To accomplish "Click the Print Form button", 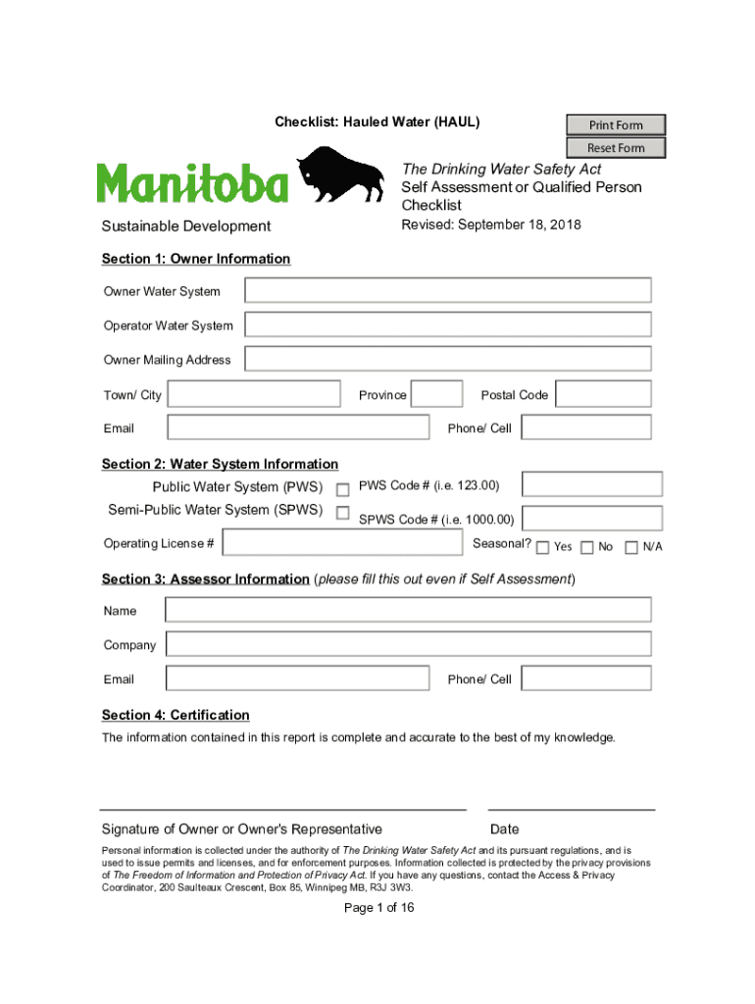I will pyautogui.click(x=616, y=125).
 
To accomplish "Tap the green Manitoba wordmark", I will pyautogui.click(x=193, y=183).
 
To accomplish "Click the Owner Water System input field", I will pyautogui.click(x=447, y=290).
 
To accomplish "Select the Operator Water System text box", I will pyautogui.click(x=447, y=325).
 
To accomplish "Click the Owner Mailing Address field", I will pyautogui.click(x=447, y=359).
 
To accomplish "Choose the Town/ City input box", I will pyautogui.click(x=254, y=394).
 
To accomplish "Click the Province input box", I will pyautogui.click(x=436, y=394).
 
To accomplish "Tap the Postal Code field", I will pyautogui.click(x=603, y=394).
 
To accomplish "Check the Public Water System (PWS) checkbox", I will pyautogui.click(x=343, y=489).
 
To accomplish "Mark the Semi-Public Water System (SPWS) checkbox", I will pyautogui.click(x=343, y=513).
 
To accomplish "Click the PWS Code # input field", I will pyautogui.click(x=591, y=484).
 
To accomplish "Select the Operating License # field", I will pyautogui.click(x=342, y=543).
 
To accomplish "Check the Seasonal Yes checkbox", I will pyautogui.click(x=543, y=547).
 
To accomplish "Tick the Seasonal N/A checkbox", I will pyautogui.click(x=631, y=547).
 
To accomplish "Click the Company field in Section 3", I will pyautogui.click(x=408, y=644).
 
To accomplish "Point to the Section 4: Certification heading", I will pyautogui.click(x=176, y=715).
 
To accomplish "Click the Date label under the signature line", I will pyautogui.click(x=505, y=829).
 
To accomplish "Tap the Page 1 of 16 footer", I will pyautogui.click(x=379, y=908).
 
